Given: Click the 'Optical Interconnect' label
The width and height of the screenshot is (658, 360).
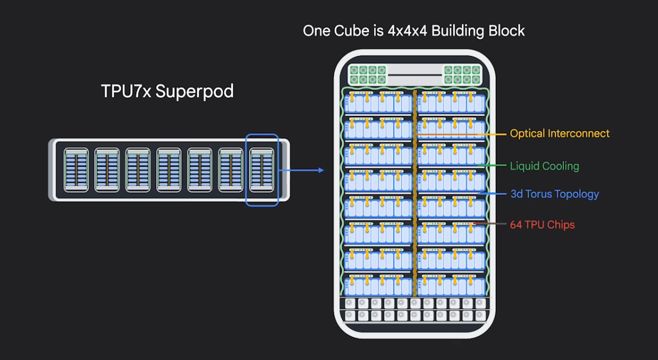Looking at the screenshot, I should click(559, 134).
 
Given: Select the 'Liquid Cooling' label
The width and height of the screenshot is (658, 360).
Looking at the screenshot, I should click(544, 166).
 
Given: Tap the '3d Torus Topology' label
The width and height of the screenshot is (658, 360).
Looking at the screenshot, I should click(554, 194).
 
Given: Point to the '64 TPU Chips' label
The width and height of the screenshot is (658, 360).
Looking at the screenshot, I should click(542, 225).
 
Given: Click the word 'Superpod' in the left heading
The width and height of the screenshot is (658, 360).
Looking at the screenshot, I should click(195, 91).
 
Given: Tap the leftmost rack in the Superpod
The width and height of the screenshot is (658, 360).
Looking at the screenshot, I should click(76, 169).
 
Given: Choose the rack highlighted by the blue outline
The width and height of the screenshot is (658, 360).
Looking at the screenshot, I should click(262, 169).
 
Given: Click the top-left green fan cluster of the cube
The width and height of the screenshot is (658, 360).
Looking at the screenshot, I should click(367, 75).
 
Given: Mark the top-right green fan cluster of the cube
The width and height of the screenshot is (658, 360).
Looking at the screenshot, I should click(462, 75).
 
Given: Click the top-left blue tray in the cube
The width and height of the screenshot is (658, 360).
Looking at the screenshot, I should click(378, 103).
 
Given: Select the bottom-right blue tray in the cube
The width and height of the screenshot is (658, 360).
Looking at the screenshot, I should click(451, 285).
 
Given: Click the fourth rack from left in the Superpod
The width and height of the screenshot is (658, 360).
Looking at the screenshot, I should click(169, 169).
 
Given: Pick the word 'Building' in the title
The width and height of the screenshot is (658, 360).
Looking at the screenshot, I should click(457, 31).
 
